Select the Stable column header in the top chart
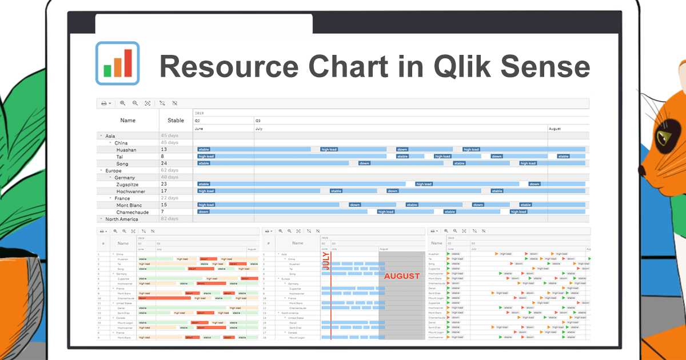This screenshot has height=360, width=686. coord(176,121)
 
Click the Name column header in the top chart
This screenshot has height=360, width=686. coord(128,121)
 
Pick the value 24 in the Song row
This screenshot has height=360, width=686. coord(163,163)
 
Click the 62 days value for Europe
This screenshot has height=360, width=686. coord(169,170)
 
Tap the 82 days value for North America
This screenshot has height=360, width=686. coord(169,219)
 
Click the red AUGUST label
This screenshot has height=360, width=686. coord(402,276)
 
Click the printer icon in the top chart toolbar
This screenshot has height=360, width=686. coord(104,103)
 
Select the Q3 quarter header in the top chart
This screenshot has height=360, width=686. coord(258,121)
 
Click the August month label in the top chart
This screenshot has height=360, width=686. coord(555,129)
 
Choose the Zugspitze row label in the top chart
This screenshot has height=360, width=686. coord(127,185)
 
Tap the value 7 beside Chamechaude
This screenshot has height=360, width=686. coord(162,212)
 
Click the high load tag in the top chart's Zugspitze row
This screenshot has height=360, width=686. coord(424,184)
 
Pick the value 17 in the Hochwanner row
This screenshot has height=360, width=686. coord(163,191)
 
